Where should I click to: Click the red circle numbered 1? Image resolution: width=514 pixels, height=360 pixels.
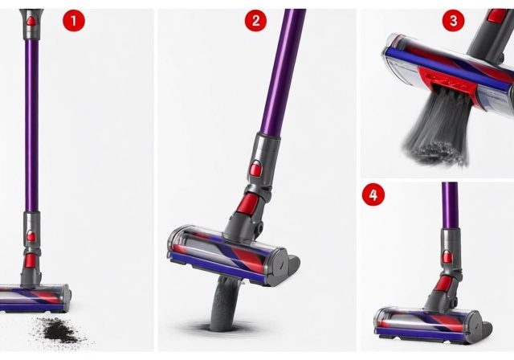pyautogui.click(x=73, y=22)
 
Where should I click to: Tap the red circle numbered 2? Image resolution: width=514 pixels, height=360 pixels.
pyautogui.click(x=255, y=22)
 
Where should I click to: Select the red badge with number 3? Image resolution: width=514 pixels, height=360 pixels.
pyautogui.click(x=453, y=20)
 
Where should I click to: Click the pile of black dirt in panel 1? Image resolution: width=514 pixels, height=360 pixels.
pyautogui.click(x=60, y=328)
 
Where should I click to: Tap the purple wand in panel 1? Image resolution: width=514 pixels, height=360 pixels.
pyautogui.click(x=31, y=121)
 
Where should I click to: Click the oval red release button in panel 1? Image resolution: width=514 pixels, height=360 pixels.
pyautogui.click(x=31, y=235)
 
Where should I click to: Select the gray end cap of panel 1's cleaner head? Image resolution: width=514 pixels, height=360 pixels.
pyautogui.click(x=64, y=300)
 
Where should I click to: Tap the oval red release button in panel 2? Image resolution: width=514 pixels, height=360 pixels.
pyautogui.click(x=256, y=169)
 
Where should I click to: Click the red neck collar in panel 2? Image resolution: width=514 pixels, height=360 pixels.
pyautogui.click(x=249, y=203)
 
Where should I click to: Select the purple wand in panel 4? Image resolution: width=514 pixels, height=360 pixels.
pyautogui.click(x=449, y=205)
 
